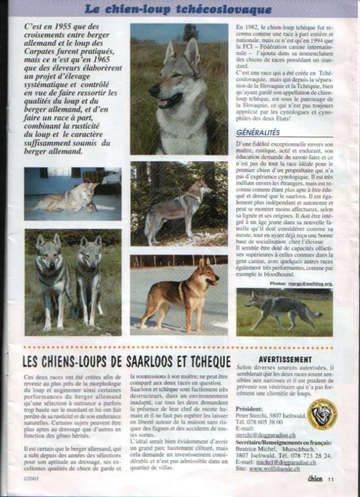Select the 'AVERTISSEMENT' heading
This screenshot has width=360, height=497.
(x=285, y=360)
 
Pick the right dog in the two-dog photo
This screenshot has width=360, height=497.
(x=88, y=278)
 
